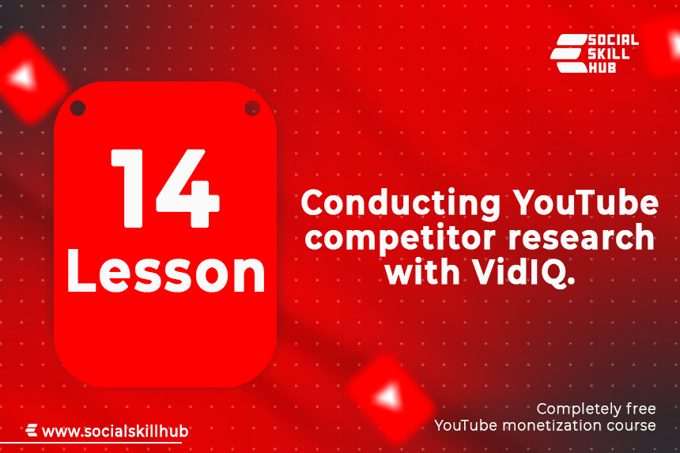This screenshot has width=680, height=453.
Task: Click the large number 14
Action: [x=165, y=189]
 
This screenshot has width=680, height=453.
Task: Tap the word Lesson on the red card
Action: [x=166, y=272]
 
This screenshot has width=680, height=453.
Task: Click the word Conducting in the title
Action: [x=401, y=203]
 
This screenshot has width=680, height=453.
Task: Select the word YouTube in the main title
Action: [x=585, y=202]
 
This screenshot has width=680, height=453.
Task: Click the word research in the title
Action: [x=581, y=236]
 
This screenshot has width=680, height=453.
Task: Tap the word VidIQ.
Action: [x=523, y=273]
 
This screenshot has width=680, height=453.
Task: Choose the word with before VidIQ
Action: [x=422, y=271]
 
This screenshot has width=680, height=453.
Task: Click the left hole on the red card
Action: [x=77, y=108]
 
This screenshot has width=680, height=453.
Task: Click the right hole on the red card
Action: [x=252, y=108]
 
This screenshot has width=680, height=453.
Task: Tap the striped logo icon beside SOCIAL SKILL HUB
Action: [x=569, y=53]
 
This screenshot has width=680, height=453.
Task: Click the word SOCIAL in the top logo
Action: [x=614, y=40]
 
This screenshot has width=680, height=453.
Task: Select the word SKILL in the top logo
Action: [x=609, y=55]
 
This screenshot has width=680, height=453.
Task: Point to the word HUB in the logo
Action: [x=602, y=67]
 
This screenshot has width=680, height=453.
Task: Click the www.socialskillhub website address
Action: [x=115, y=432]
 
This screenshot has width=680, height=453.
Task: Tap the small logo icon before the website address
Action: [x=32, y=430]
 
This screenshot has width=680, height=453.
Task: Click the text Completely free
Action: [x=596, y=409]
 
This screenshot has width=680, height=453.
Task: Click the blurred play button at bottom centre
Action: [x=390, y=397]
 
